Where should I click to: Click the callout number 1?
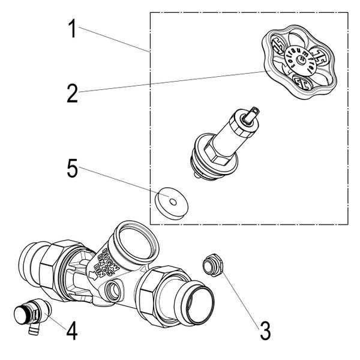tap(72, 29)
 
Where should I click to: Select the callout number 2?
tap(72, 94)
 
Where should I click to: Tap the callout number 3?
tap(265, 329)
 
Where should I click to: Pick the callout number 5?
tap(72, 170)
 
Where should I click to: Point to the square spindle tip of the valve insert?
tap(256, 111)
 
